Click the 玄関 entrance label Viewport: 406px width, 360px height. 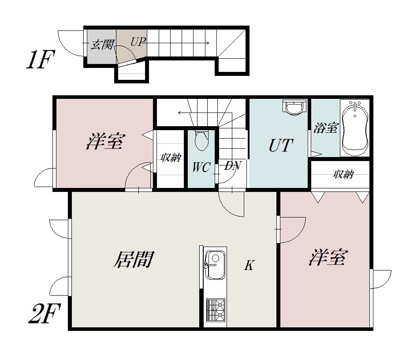102,45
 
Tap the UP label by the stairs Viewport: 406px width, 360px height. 138,42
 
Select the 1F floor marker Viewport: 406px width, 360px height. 41,60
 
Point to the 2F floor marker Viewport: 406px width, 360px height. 44,314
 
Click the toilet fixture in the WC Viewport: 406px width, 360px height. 201,141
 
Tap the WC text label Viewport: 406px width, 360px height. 201,168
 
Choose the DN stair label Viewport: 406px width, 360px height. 232,166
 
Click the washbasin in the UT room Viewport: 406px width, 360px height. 294,107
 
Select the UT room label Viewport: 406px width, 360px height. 281,146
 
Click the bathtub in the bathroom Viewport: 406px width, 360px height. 354,128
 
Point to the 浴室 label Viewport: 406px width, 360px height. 326,127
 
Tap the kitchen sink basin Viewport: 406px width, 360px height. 214,265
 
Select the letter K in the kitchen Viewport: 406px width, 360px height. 249,265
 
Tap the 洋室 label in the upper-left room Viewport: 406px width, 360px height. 106,141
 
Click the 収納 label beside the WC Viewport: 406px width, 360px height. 170,157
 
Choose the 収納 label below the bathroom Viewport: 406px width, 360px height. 343,174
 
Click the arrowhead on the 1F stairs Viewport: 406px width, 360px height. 207,43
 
